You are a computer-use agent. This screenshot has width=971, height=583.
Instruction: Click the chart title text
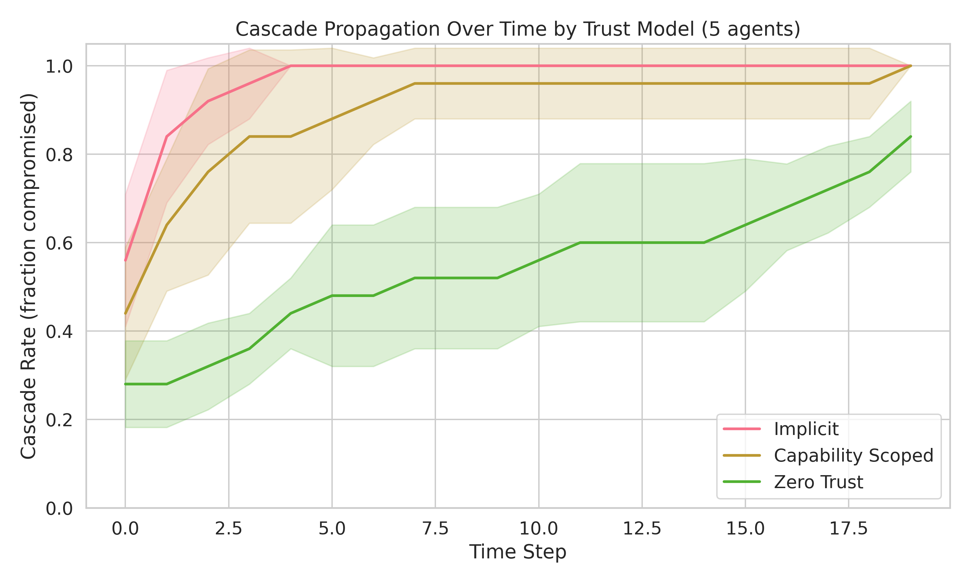tap(518, 29)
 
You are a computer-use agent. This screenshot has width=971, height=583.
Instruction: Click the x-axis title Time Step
tap(518, 552)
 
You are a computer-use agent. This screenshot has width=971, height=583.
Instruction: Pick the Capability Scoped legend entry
tap(853, 456)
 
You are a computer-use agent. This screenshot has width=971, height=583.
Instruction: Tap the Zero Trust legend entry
tap(818, 482)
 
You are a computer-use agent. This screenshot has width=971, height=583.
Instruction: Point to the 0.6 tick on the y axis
tap(59, 243)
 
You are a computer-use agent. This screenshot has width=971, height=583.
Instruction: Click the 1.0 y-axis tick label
tap(59, 66)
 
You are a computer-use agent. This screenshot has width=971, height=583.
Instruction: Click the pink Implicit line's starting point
tap(125, 260)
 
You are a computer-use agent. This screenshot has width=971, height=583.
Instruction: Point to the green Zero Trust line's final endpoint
tap(910, 137)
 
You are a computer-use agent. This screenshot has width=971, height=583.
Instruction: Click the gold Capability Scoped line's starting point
tap(125, 314)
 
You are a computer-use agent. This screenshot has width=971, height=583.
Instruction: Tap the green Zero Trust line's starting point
tap(125, 384)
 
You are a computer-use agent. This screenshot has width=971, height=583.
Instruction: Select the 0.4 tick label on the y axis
tap(59, 332)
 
